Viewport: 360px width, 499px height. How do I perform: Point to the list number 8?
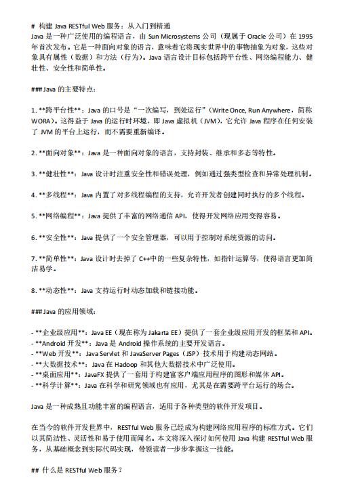coord(34,290)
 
